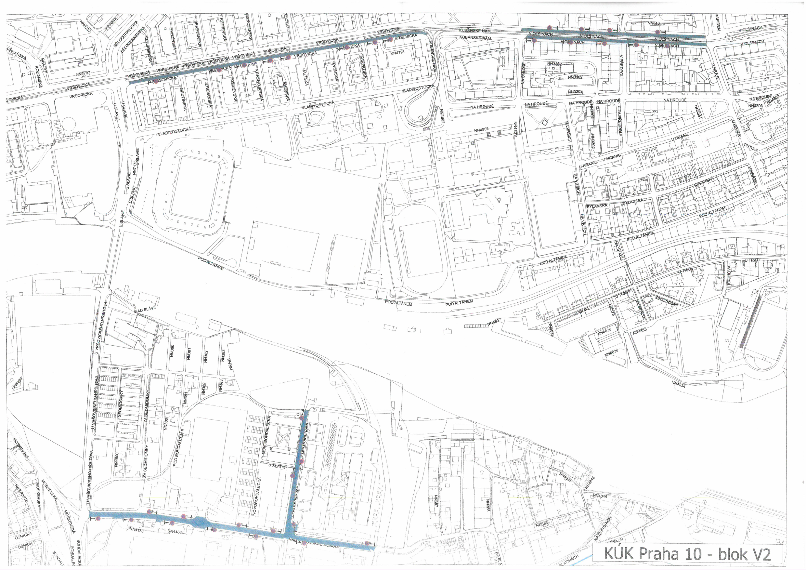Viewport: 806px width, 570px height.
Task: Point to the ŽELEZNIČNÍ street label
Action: pos(666,301)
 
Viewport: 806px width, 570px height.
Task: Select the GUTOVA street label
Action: pos(751,148)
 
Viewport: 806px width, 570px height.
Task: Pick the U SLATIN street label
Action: pos(277,466)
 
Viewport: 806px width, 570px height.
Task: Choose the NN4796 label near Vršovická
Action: pos(397,53)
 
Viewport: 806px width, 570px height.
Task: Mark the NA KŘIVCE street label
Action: pos(21,494)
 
